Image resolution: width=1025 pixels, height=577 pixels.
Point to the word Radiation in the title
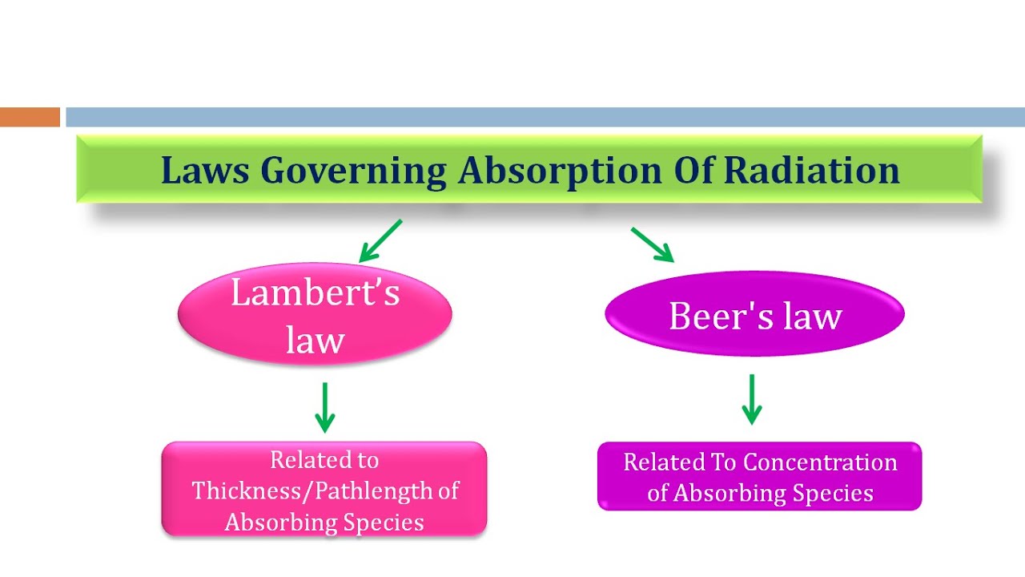812,171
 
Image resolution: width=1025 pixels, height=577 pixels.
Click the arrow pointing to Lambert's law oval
380,241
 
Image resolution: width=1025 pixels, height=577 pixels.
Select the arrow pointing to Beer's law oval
652,244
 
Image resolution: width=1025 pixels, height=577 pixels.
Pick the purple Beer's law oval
754,314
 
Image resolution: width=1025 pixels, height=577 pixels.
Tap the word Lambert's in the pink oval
315,293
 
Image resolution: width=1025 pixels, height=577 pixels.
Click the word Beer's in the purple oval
709,316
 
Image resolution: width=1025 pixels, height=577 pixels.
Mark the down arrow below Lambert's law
324,407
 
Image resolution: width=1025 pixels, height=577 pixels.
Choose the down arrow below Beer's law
751,399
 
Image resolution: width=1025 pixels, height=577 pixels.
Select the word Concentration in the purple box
820,462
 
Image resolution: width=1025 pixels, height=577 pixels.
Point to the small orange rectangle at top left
30,117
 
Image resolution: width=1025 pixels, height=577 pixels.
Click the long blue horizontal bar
545,117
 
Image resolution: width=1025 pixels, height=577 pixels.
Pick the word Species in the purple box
832,493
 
